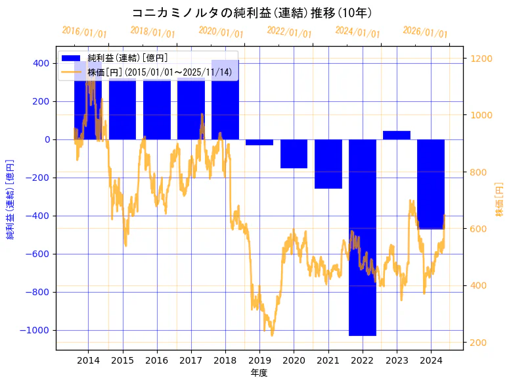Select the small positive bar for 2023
pos(397,135)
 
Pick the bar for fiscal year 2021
pos(328,164)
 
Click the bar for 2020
pos(294,154)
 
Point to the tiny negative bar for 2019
pos(259,142)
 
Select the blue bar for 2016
pos(157,112)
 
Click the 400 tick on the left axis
pos(41,63)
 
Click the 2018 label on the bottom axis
pos(225,360)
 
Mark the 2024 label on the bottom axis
pos(431,360)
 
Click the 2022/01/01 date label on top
pos(289,32)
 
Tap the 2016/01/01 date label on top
pos(84,32)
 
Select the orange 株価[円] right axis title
pos(499,200)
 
